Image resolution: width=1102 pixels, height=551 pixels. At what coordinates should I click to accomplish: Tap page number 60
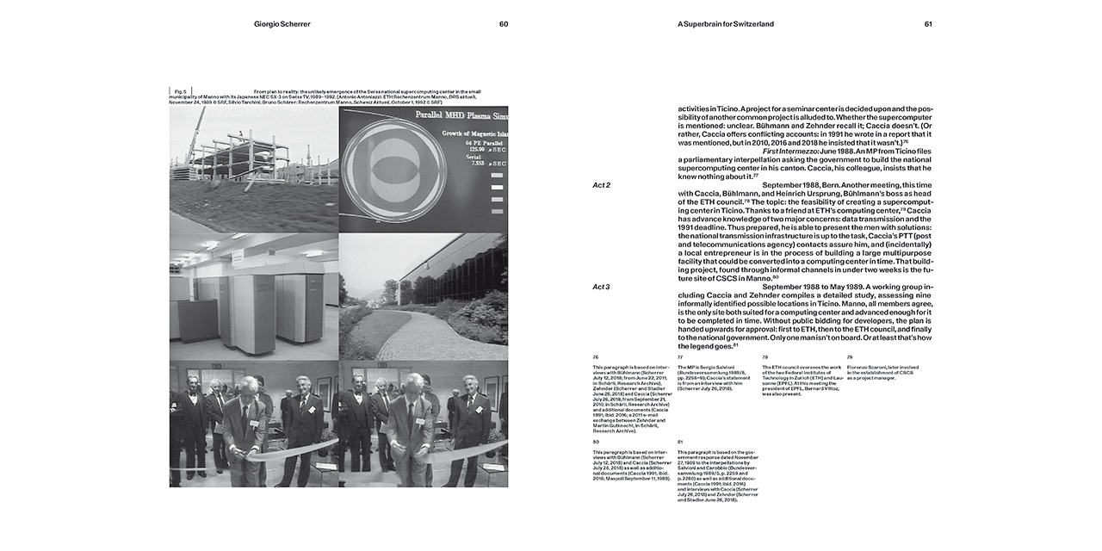coord(504,24)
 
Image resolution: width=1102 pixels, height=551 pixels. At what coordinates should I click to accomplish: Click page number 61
coord(928,24)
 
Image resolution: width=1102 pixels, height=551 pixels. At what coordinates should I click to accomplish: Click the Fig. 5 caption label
coord(181,90)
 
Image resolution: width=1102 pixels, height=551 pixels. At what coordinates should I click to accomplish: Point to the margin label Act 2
coord(602,185)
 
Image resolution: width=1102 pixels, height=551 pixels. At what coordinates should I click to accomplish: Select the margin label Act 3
coord(602,287)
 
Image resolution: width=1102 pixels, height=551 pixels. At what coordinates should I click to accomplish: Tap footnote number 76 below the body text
coord(595,356)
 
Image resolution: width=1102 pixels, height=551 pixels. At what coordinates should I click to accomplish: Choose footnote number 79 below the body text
coord(850,356)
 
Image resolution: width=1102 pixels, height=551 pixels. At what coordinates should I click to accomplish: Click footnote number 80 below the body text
coord(595,441)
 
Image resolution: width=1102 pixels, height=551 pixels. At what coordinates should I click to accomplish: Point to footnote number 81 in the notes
coord(680,441)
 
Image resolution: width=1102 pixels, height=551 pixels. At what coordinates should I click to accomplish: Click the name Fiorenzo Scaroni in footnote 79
coord(868,367)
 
